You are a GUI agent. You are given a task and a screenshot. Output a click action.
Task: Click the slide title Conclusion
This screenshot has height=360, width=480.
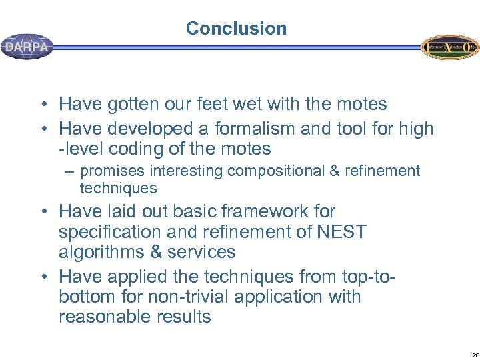pyautogui.click(x=236, y=29)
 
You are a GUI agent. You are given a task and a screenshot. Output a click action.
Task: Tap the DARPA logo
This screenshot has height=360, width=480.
pyautogui.click(x=27, y=47)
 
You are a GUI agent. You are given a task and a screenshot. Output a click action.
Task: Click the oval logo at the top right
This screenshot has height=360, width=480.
pyautogui.click(x=449, y=47)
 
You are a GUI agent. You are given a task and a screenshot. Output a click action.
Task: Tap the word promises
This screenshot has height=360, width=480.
pyautogui.click(x=109, y=171)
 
